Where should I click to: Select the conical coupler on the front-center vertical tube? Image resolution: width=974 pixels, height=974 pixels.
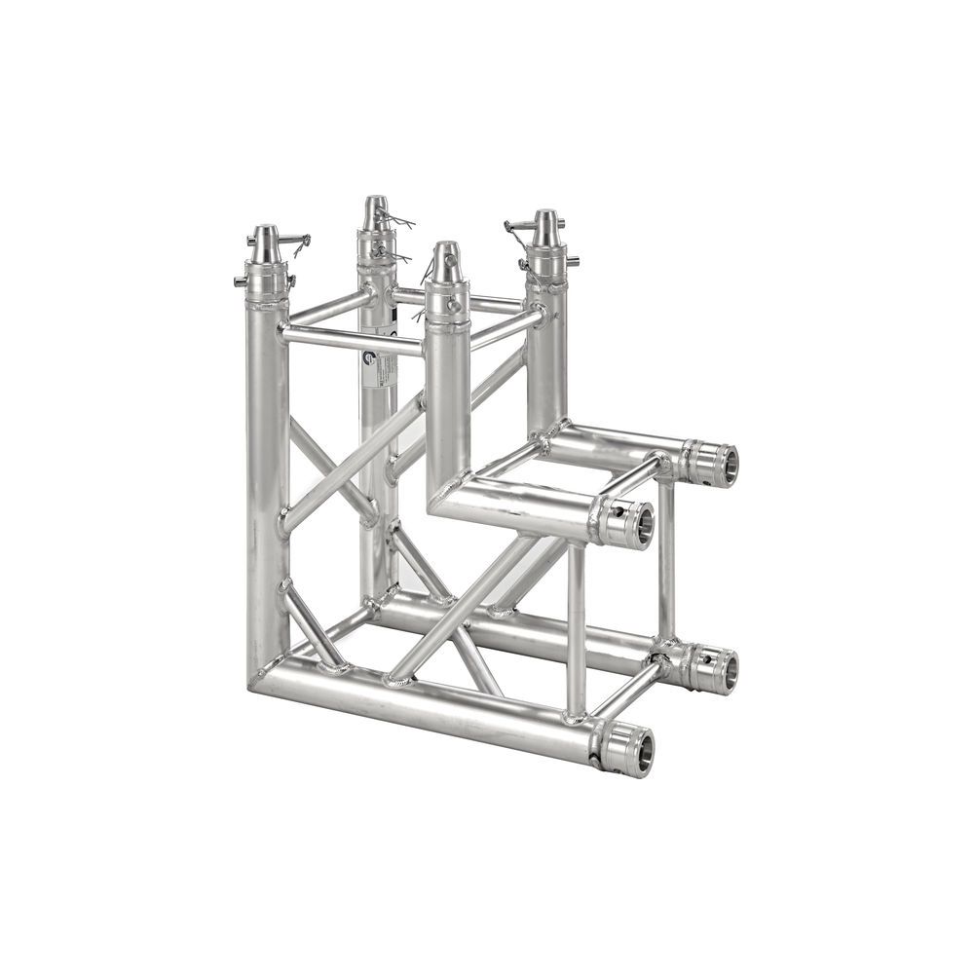click(446, 263)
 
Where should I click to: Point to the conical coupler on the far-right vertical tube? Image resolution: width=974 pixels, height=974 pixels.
click(545, 230)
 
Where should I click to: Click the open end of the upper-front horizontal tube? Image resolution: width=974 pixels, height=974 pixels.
click(639, 524)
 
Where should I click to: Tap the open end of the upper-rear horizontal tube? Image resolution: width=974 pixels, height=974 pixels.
click(723, 465)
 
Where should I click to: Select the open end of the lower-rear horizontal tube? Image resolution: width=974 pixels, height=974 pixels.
click(723, 670)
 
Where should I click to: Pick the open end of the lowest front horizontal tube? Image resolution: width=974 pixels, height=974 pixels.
click(639, 751)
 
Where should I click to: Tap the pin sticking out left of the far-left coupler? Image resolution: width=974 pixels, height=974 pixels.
click(240, 281)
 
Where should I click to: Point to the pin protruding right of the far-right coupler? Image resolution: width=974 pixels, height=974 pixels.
click(574, 261)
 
